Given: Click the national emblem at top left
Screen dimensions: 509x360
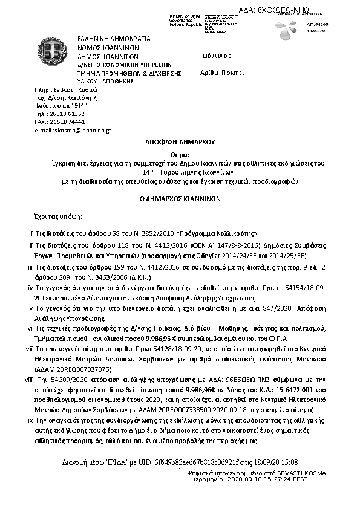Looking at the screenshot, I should coord(54,53).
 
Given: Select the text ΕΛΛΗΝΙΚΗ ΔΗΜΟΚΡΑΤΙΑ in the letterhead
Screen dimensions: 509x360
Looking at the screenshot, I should coord(114,38).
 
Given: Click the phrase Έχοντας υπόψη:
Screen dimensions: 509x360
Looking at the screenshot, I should coord(57,216).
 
